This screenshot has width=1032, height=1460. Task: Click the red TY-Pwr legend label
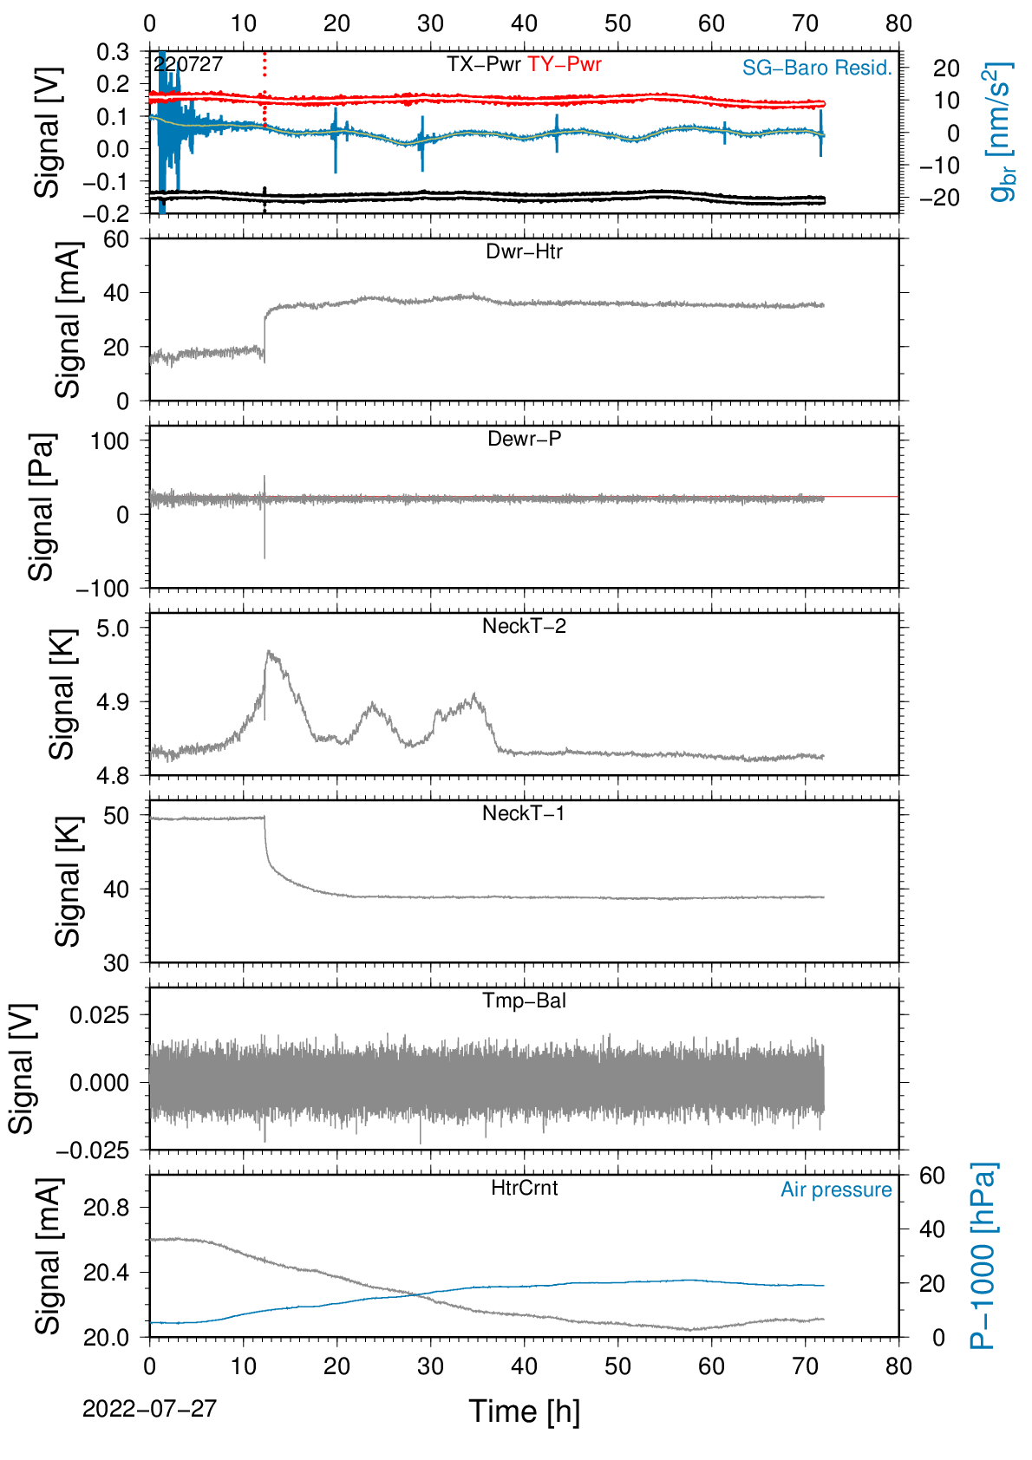point(564,64)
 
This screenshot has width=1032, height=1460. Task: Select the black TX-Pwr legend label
point(483,64)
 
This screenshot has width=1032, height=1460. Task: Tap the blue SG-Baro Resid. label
point(817,68)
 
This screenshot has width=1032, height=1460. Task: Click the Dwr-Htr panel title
point(524,251)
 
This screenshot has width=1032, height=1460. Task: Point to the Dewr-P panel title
point(524,439)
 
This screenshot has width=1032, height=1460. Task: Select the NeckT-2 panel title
point(524,626)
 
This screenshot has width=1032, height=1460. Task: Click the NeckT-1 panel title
point(524,812)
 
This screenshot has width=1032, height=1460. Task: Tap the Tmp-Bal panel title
point(524,1000)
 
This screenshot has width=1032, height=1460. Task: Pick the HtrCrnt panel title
point(524,1188)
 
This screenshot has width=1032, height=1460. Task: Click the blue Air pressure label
point(836,1190)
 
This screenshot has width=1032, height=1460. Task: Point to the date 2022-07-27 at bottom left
point(149,1409)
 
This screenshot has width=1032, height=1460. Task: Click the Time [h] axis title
point(524,1412)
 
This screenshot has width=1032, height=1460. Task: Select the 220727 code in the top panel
point(188,64)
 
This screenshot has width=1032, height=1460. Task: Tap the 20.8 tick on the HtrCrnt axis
point(107,1208)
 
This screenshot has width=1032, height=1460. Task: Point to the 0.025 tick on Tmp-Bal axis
point(100,1015)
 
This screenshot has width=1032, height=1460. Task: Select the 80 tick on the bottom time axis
point(898,1365)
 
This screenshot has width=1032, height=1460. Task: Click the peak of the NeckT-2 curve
point(268,650)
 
